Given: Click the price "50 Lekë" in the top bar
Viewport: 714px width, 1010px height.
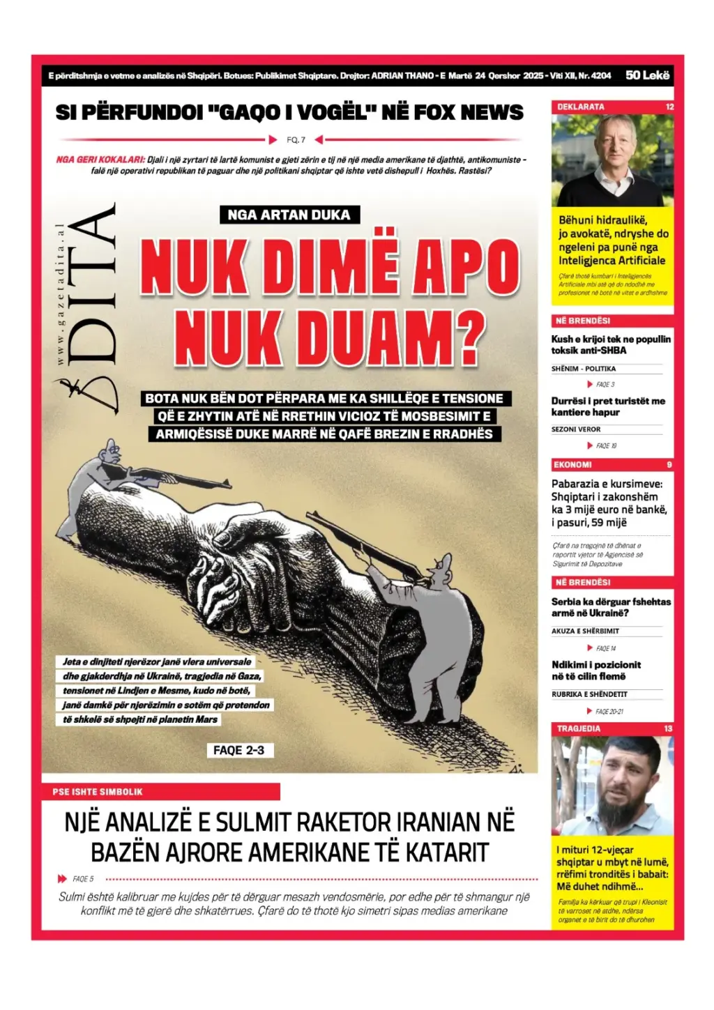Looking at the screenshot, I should click(x=647, y=75).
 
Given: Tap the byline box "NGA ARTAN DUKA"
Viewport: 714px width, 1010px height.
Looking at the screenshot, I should click(x=289, y=215).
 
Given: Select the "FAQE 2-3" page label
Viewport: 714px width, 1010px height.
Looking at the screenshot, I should click(x=238, y=750).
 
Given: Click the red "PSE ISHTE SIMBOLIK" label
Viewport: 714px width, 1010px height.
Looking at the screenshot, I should click(x=98, y=792).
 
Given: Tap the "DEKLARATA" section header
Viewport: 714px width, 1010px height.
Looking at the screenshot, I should click(x=581, y=107).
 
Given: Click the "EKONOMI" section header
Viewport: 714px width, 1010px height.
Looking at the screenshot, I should click(x=572, y=464).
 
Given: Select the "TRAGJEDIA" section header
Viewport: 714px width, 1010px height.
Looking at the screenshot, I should click(x=579, y=728).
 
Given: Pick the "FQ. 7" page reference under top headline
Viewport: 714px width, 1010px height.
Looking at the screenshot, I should click(x=296, y=139).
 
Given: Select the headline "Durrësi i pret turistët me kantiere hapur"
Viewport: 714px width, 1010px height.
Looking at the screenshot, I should click(x=608, y=406).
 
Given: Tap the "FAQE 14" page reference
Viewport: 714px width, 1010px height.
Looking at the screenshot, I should click(x=605, y=648).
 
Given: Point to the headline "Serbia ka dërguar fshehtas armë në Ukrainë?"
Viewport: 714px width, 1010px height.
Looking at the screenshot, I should click(x=611, y=607).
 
